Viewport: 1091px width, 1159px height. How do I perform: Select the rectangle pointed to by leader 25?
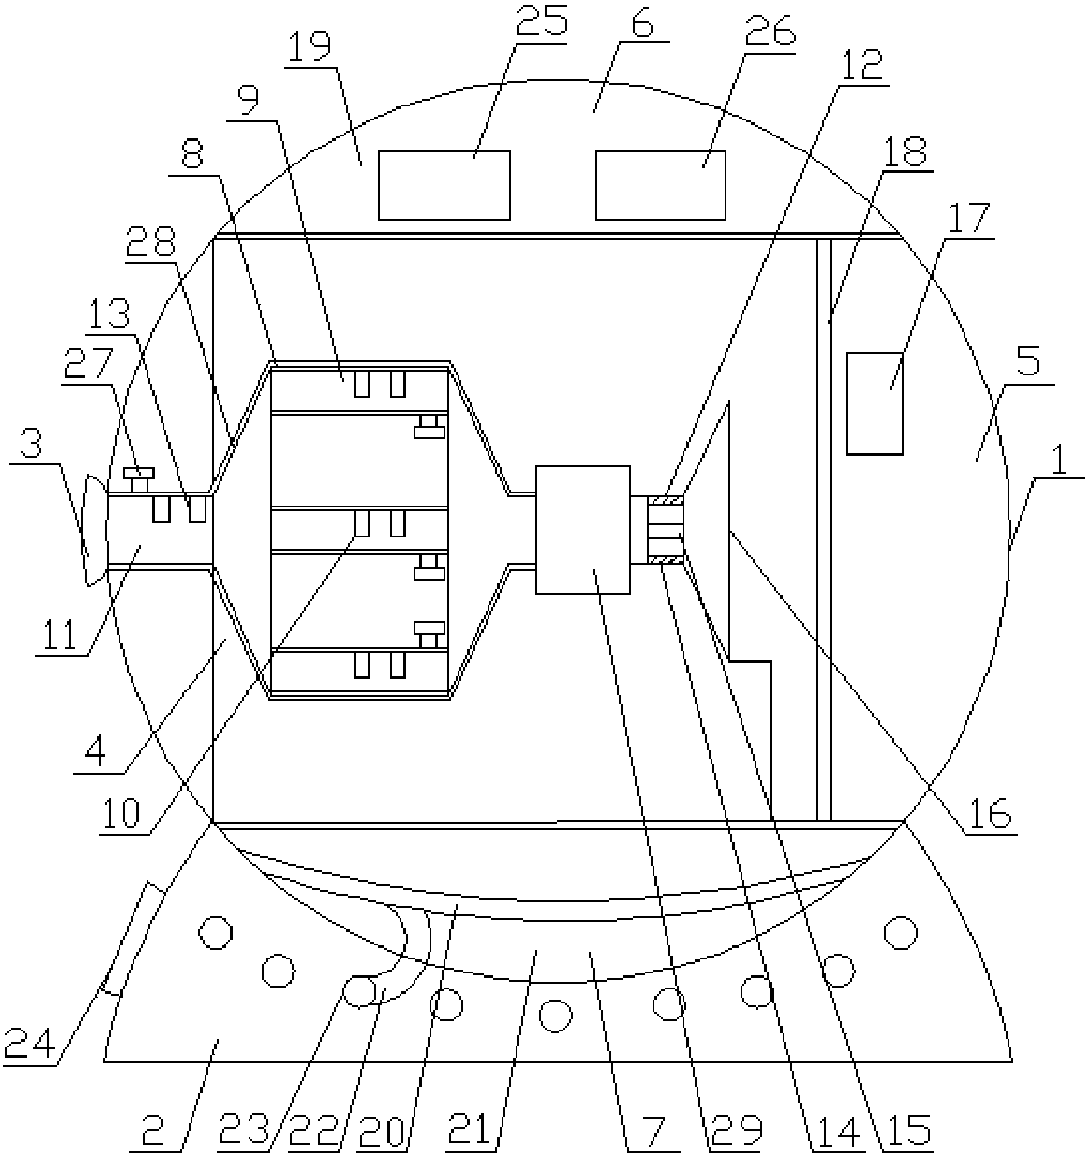coord(444,186)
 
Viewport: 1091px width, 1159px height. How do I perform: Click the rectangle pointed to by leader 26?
coord(660,186)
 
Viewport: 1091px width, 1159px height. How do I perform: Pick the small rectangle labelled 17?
coord(874,403)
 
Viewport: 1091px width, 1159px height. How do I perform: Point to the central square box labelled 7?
coord(582,530)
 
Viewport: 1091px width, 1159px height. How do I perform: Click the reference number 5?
coord(1028,363)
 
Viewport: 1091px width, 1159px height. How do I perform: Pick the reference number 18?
coord(906,151)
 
